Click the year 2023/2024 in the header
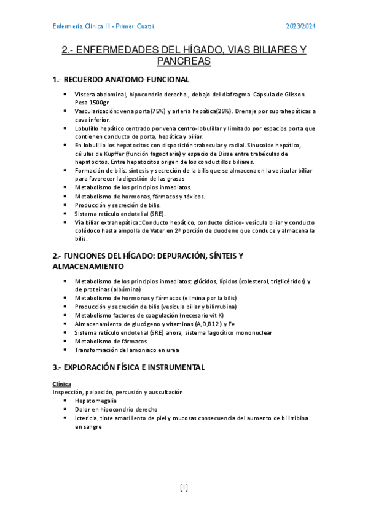[300, 26]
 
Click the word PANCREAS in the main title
[184, 61]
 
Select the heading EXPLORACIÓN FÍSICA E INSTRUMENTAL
[128, 367]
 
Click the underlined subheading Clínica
[62, 383]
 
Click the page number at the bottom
[184, 488]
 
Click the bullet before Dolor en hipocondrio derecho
[66, 409]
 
